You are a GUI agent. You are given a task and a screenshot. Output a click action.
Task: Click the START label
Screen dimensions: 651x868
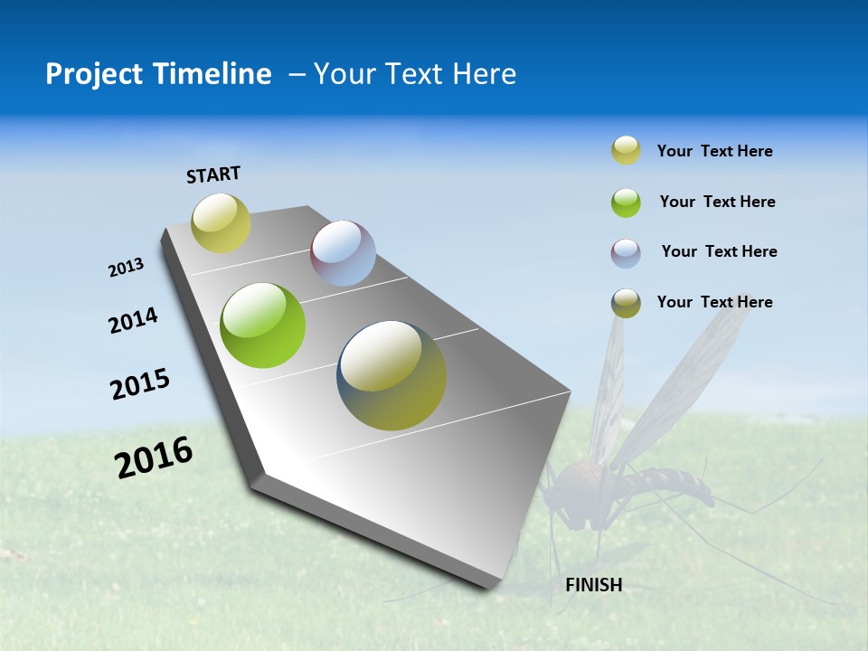213,175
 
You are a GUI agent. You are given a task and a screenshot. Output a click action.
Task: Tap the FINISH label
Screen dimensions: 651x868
593,585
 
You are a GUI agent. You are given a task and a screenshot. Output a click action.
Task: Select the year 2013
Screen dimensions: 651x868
126,268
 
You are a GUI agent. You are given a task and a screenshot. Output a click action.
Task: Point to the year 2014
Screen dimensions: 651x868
133,321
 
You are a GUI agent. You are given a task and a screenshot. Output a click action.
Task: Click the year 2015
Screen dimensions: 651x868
139,384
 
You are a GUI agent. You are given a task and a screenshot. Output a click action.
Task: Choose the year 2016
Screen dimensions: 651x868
153,458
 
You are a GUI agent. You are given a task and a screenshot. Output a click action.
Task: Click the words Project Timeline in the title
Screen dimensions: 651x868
158,74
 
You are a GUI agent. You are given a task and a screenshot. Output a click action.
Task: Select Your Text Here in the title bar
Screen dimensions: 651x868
415,74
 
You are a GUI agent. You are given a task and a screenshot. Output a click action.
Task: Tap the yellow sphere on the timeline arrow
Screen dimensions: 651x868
221,223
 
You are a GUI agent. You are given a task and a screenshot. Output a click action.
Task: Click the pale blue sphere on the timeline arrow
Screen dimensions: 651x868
343,253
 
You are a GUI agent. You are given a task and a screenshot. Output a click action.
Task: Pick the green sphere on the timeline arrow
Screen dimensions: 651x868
262,325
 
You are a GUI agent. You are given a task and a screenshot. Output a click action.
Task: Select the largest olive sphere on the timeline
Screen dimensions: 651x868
392,375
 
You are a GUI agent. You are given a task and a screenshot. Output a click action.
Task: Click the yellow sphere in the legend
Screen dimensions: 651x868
626,151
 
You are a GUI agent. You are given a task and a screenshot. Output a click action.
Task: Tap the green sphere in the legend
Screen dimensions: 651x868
626,203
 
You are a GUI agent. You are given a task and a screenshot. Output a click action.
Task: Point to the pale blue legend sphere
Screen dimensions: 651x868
626,253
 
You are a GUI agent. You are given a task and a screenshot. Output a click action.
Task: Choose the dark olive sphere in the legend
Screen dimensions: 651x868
626,303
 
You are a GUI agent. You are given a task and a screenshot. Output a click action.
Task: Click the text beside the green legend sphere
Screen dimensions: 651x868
717,202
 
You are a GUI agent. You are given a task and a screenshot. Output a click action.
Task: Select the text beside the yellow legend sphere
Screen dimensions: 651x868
714,151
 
